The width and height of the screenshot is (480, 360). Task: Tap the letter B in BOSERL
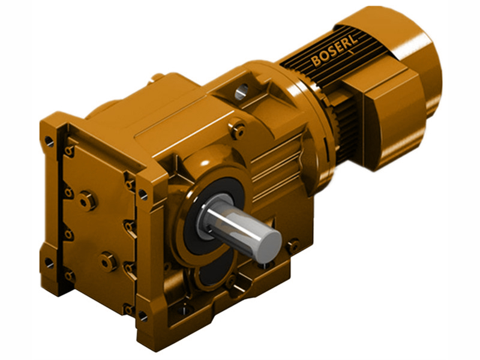tap(316, 61)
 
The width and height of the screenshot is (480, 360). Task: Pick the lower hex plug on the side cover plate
tap(108, 261)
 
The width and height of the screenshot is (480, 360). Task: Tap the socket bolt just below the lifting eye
tap(238, 129)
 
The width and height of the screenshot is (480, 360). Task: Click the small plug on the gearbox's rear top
tap(158, 77)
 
